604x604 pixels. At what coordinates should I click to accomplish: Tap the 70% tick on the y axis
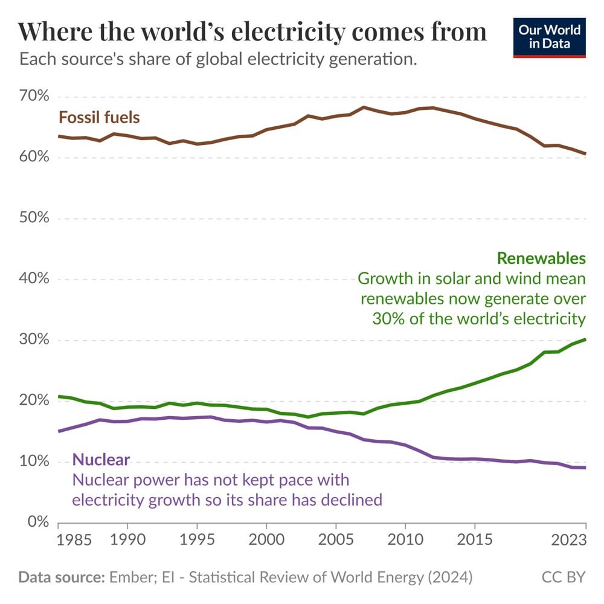point(35,97)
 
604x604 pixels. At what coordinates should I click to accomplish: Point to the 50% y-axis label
point(35,218)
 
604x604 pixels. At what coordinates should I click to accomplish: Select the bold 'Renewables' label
point(541,259)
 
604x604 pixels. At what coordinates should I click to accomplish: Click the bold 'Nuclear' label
point(101,460)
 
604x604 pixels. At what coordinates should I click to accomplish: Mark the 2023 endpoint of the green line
point(585,339)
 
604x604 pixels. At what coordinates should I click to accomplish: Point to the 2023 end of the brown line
point(585,154)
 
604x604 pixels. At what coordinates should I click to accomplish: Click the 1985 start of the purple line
point(59,431)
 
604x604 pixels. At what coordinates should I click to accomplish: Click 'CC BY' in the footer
point(565,577)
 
